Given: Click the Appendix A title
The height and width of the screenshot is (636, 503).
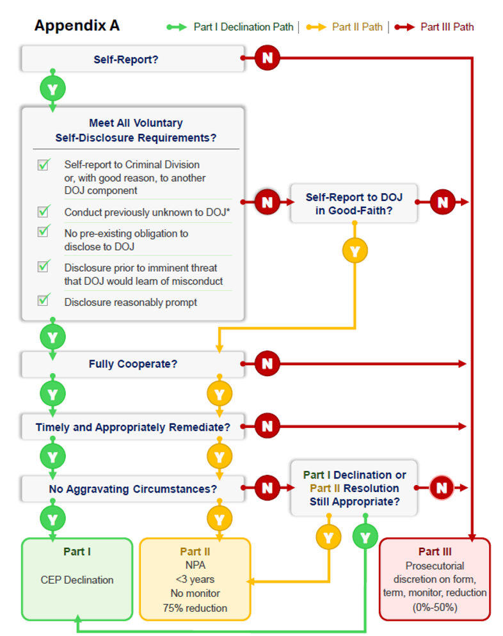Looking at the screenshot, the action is point(77,26).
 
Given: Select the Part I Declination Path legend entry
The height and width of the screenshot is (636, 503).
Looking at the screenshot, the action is point(230,27).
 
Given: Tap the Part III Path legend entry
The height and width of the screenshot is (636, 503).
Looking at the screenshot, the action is point(434,27).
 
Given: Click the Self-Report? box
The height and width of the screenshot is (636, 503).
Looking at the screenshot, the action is point(132,60).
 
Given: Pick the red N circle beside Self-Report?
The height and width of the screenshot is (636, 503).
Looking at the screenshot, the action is point(267,58).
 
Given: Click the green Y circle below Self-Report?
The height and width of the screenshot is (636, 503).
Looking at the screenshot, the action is point(52,89).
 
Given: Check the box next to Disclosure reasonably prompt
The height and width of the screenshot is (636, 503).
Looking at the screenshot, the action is point(44,299).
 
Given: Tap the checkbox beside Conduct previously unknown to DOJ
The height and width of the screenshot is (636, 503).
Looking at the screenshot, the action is point(44,211).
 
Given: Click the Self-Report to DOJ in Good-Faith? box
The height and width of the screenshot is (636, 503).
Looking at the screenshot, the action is point(354,203).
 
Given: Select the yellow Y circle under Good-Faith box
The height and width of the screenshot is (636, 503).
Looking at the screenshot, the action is point(355,251).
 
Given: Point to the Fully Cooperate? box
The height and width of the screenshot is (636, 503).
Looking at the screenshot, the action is point(132,364).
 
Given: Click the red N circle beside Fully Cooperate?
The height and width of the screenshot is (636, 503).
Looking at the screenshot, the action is point(267,363).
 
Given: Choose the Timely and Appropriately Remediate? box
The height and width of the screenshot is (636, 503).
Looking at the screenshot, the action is point(132,427).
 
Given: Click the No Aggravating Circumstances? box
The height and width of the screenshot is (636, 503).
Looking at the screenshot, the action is point(132,489).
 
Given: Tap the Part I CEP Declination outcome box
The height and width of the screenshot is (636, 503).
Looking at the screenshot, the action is point(77,579).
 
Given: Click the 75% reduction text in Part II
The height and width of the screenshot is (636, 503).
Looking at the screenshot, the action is point(195,608).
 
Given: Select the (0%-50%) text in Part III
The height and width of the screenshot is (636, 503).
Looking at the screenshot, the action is point(435,608).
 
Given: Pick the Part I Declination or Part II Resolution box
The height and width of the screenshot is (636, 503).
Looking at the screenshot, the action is point(354,488).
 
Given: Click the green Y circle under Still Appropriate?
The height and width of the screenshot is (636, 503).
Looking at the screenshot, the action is point(365,537).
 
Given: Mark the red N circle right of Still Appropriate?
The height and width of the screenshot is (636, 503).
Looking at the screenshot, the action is point(442,488).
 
